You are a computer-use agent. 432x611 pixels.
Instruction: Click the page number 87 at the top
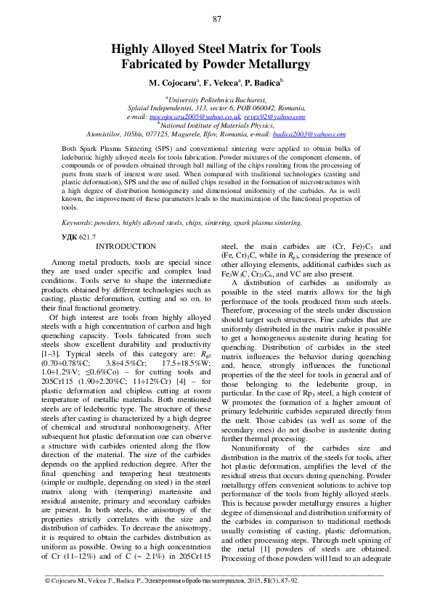216,18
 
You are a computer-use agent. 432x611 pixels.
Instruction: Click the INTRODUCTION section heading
125,247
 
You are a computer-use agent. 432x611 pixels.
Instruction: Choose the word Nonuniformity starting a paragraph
256,448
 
